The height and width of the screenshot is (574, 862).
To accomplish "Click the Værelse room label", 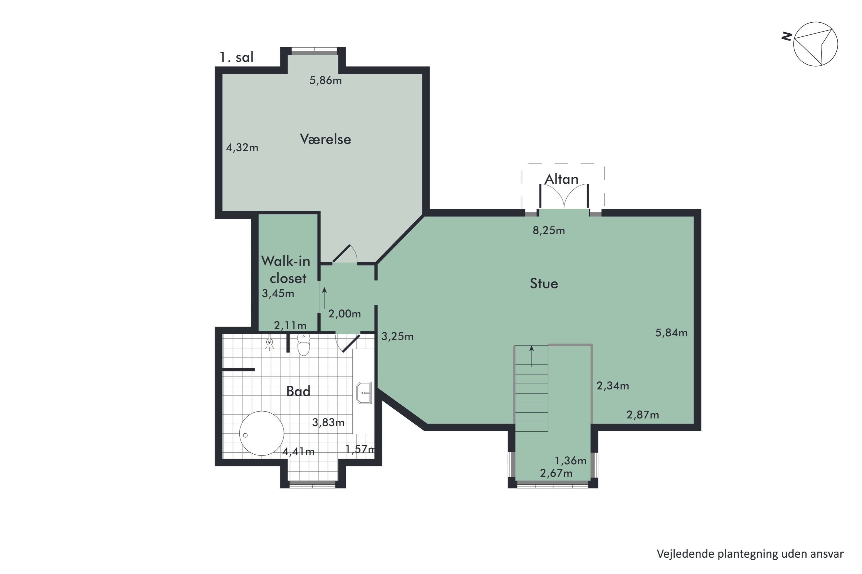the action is [x=326, y=139].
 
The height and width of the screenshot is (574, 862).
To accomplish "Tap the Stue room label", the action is [x=544, y=283].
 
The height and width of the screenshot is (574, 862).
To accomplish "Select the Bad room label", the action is [x=298, y=391].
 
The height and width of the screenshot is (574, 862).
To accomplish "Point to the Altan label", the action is [x=561, y=179].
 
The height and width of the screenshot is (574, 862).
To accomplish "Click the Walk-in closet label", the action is [x=286, y=269].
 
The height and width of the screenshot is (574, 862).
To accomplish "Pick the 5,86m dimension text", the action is [x=326, y=80].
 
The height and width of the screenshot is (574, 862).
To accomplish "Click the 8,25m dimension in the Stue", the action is [x=549, y=230].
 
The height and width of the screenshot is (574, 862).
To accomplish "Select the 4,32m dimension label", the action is [x=242, y=148].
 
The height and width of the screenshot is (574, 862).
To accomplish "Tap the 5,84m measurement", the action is [x=671, y=333].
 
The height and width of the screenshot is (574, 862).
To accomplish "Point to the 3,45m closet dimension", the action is [x=278, y=293].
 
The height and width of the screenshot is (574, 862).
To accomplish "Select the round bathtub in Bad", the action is [x=262, y=433].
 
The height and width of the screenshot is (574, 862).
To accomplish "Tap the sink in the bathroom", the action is [x=364, y=393].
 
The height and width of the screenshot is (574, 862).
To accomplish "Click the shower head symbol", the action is [x=270, y=343].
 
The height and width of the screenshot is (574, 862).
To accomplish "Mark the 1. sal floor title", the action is [x=236, y=57].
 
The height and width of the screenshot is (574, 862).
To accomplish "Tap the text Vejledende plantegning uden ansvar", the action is [x=750, y=554].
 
